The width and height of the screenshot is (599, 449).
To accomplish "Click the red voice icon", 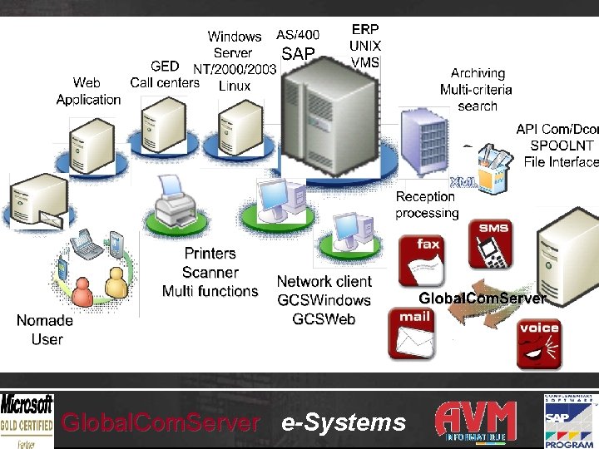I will click(539, 343).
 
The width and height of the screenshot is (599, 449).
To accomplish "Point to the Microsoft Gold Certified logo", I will click(27, 421).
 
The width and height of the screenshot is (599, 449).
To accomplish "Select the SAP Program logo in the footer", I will click(571, 421).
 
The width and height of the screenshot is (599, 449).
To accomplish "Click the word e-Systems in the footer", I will click(344, 422).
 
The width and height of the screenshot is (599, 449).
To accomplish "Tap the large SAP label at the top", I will click(299, 54).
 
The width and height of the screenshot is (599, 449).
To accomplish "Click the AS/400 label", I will click(298, 35).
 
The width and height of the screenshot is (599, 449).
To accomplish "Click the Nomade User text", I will click(46, 329).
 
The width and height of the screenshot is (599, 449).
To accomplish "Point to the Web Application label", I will click(88, 91).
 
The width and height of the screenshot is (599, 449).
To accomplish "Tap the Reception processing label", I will click(427, 205).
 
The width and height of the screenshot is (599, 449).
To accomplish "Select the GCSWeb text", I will click(324, 318).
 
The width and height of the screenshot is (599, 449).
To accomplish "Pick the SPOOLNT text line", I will click(562, 146).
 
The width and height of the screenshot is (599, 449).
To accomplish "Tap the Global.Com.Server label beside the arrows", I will click(482, 298).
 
